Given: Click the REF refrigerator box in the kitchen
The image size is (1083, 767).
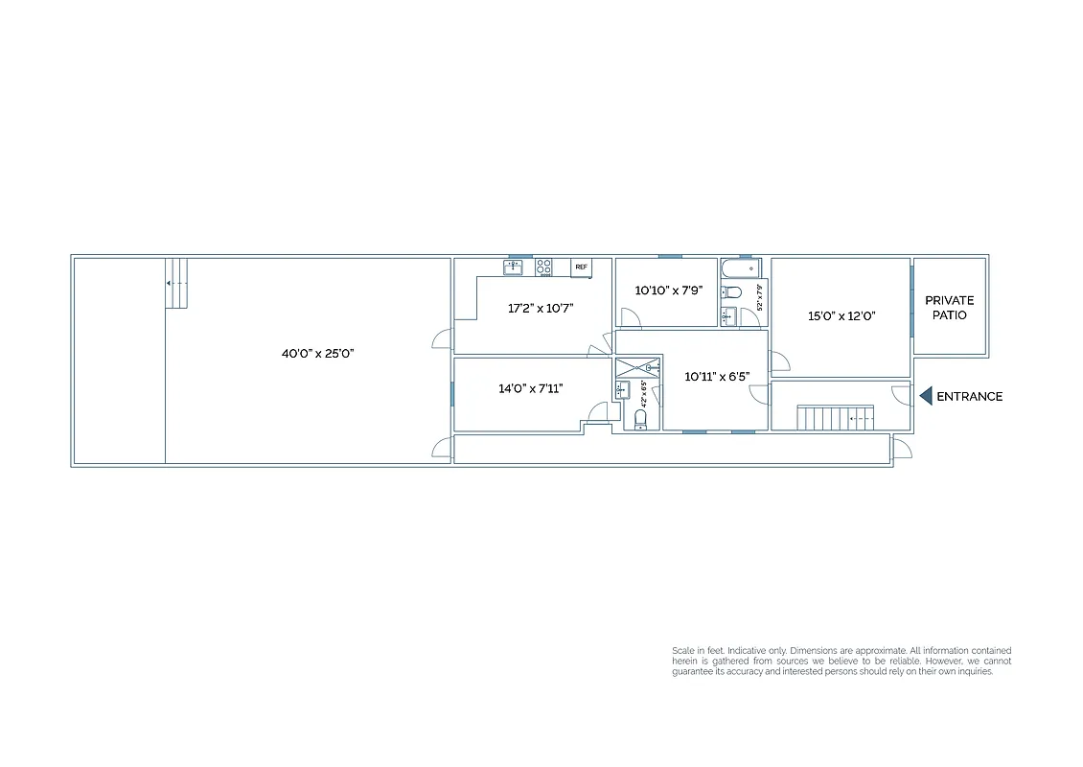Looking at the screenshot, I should (x=581, y=267).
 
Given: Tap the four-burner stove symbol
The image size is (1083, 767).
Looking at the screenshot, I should (x=543, y=267).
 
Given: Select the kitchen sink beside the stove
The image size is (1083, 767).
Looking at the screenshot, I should (x=514, y=267).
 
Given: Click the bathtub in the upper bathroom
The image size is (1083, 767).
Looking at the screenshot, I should (x=739, y=267).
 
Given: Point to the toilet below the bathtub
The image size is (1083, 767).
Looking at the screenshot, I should (x=731, y=292).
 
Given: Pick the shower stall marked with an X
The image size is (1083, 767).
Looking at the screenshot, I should (x=637, y=367).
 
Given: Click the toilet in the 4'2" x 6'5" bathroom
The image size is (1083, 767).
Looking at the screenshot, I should (x=641, y=419).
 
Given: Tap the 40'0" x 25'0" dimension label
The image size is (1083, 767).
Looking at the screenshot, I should (x=318, y=353).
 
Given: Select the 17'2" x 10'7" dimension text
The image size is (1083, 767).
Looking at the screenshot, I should (x=541, y=309).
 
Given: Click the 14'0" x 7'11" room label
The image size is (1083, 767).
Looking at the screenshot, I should (x=530, y=388).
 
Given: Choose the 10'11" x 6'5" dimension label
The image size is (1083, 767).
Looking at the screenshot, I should (x=716, y=377).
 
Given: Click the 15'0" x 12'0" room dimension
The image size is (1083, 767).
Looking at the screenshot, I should (x=841, y=314).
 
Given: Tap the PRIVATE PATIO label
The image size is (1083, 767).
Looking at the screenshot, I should (x=949, y=308).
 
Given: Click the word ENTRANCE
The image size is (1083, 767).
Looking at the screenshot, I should (x=969, y=396).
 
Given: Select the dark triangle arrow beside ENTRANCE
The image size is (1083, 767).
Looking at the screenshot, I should (x=926, y=396).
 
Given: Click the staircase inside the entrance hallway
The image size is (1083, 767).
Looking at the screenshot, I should (x=836, y=418).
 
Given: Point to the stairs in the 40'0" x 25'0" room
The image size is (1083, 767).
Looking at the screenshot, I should (x=175, y=283).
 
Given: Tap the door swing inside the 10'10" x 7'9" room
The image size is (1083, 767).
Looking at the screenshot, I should (x=630, y=317).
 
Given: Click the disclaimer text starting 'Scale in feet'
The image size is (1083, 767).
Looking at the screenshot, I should (x=841, y=662).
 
